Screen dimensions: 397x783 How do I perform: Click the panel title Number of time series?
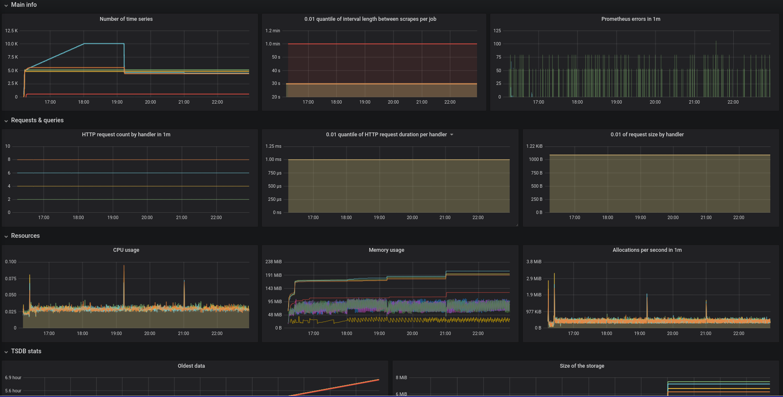click(x=126, y=19)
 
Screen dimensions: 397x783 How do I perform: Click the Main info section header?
click(x=24, y=5)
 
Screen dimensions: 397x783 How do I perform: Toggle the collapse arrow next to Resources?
click(x=6, y=236)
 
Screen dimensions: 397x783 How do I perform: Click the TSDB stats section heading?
click(x=26, y=351)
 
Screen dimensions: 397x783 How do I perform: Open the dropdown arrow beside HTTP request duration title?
click(x=452, y=135)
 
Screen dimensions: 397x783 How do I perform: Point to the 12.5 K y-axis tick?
click(x=11, y=31)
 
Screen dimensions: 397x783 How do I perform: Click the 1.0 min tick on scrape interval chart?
click(x=272, y=44)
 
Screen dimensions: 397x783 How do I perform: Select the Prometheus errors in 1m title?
click(x=630, y=19)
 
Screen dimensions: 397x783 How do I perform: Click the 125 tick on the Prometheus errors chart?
click(x=497, y=31)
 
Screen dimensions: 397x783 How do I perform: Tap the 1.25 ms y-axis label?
click(x=273, y=146)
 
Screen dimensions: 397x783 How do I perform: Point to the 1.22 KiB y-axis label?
click(x=534, y=146)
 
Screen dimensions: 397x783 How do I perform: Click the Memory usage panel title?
click(x=386, y=250)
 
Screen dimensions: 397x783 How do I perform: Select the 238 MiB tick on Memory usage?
click(x=273, y=262)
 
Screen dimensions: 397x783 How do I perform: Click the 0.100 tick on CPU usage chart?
click(x=11, y=262)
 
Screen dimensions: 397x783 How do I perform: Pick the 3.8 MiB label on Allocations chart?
click(x=533, y=262)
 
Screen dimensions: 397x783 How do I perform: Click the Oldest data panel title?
click(x=191, y=366)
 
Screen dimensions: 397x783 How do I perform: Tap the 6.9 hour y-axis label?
click(x=13, y=377)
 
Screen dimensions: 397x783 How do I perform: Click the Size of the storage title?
click(x=581, y=366)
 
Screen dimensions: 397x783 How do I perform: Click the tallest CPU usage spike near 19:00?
click(x=124, y=266)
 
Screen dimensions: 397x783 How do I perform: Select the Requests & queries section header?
click(x=37, y=120)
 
